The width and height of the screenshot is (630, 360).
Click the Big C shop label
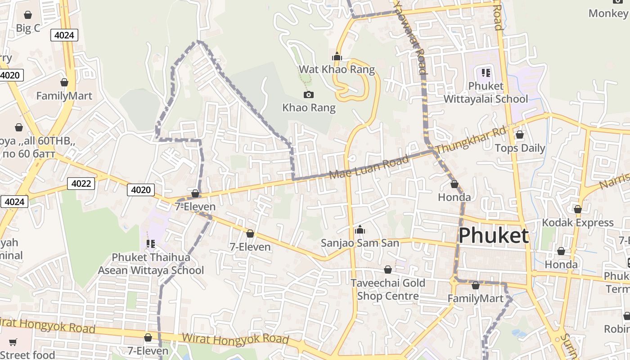point(28,28)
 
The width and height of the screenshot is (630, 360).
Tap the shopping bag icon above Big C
point(28,15)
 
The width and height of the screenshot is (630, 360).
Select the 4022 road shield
point(81,183)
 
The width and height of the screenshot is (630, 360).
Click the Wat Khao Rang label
point(337,69)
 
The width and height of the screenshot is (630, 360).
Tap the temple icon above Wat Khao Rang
point(337,57)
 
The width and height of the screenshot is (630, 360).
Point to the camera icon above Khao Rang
point(308,94)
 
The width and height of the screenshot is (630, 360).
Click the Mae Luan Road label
point(369,167)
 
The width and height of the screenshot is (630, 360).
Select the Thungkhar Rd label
point(471,140)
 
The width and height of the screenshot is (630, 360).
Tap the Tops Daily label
point(520,148)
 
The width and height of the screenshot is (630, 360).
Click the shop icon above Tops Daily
point(520,135)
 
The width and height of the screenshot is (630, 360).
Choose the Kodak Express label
point(577,223)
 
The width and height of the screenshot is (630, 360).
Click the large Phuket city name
point(493,235)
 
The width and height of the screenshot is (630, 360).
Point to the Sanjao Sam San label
point(360,243)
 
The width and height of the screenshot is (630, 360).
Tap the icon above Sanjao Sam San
point(360,230)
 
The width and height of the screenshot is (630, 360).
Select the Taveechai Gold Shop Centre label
point(387,289)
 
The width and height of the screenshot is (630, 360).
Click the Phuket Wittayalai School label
point(486,92)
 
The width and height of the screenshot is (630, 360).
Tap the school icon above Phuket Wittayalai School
point(486,72)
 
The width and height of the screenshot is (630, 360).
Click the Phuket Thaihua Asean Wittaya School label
point(151,264)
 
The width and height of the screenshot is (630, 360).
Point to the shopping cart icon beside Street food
point(13,342)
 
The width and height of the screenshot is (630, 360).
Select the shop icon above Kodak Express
point(577,209)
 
